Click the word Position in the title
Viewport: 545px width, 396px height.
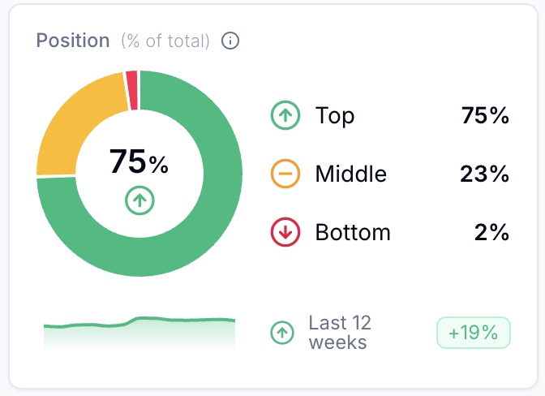[x=73, y=41]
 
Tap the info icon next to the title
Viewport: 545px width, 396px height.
[x=231, y=41]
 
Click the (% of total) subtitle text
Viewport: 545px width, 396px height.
[x=165, y=41]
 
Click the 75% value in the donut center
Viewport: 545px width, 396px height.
[x=139, y=162]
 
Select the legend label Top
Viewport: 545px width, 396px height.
[x=335, y=116]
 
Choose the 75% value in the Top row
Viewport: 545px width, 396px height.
[x=484, y=116]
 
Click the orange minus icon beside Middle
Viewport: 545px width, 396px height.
[x=285, y=174]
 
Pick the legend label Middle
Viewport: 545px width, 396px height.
[x=350, y=174]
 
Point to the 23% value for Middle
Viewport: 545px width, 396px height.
[x=484, y=174]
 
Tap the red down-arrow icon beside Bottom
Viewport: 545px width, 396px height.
[x=285, y=233]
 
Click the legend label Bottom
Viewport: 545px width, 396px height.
[x=353, y=233]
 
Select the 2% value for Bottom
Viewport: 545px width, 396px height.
[x=491, y=233]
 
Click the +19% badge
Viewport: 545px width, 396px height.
[x=474, y=333]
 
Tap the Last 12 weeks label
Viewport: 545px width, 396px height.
[x=339, y=332]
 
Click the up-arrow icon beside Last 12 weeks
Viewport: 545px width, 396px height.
[x=282, y=332]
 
